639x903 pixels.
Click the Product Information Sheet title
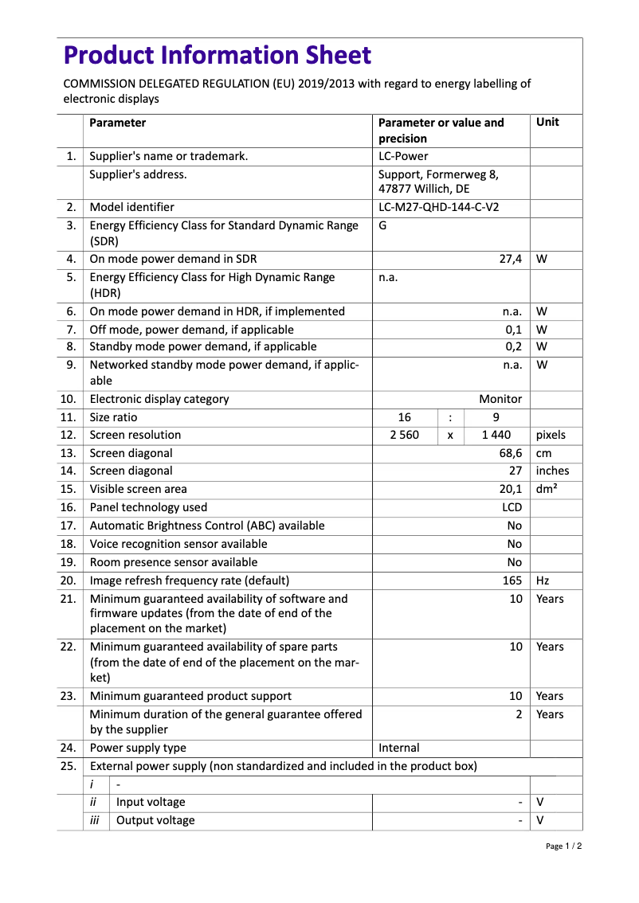tap(217, 56)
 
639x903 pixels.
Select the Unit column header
tap(547, 123)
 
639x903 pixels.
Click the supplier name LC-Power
tap(402, 157)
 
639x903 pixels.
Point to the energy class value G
tap(382, 225)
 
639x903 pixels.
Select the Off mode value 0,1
tap(514, 330)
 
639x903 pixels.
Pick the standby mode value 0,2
tap(514, 347)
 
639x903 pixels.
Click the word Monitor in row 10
tap(500, 400)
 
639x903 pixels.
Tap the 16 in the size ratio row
tap(404, 417)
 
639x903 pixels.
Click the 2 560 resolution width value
tap(404, 436)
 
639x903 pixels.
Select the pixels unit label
tap(551, 436)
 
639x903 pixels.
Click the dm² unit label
tap(547, 490)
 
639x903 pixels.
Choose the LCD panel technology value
tap(512, 508)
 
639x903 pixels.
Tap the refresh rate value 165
tap(512, 580)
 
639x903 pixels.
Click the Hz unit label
tap(543, 580)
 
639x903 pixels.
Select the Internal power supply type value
tap(399, 748)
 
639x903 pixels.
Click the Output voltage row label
tap(155, 821)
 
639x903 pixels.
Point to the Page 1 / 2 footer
tap(563, 846)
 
